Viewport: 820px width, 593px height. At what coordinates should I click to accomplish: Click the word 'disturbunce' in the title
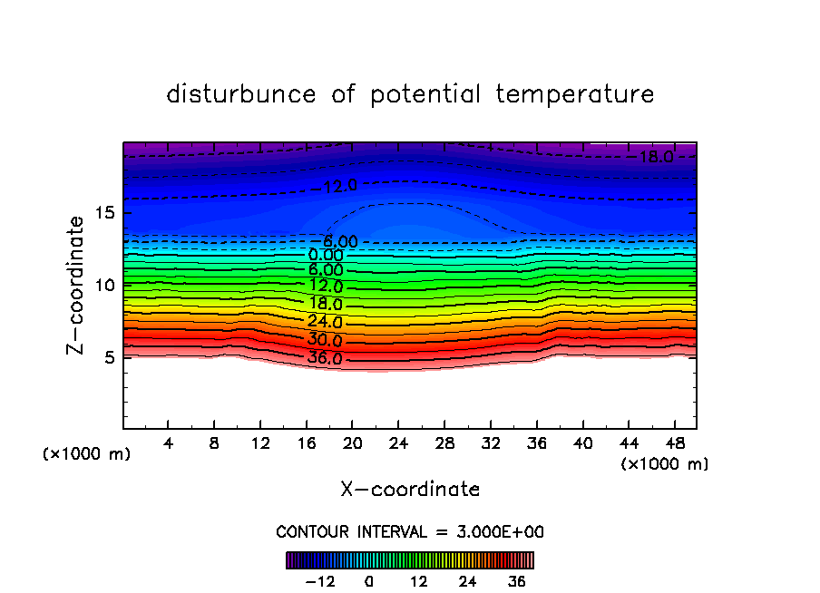click(x=241, y=94)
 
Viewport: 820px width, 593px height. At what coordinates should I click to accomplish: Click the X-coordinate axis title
click(x=410, y=489)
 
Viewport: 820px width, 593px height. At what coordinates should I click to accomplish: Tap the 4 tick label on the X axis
click(x=168, y=443)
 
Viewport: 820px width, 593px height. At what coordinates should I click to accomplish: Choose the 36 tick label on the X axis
click(x=536, y=443)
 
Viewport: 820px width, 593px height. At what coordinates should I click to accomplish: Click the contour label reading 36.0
click(x=325, y=358)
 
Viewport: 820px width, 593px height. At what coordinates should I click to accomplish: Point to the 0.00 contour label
click(x=327, y=256)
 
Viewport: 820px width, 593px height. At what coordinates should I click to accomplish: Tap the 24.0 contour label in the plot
click(x=325, y=322)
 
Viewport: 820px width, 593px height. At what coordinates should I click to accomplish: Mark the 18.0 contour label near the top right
click(x=655, y=157)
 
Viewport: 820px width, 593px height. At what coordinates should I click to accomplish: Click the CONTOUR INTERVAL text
click(x=410, y=531)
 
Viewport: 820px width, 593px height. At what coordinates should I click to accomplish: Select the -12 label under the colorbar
click(x=319, y=581)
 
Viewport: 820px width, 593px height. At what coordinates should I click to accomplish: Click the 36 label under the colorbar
click(x=516, y=581)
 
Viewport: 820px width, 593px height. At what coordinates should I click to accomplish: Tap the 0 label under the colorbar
click(x=369, y=581)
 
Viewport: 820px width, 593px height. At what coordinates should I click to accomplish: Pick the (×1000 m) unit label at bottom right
click(x=664, y=464)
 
